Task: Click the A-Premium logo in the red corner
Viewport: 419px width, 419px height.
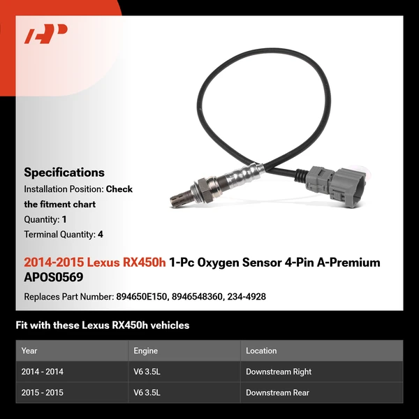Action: pyautogui.click(x=46, y=34)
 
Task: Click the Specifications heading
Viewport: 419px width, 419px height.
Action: pyautogui.click(x=64, y=172)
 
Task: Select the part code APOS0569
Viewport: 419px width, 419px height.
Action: pyautogui.click(x=53, y=277)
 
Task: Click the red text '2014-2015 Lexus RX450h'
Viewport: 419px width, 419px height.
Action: pyautogui.click(x=95, y=263)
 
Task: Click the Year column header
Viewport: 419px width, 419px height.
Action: pyautogui.click(x=29, y=351)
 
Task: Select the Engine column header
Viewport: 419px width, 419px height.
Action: pyautogui.click(x=145, y=351)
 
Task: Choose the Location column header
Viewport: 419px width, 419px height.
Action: pyautogui.click(x=261, y=351)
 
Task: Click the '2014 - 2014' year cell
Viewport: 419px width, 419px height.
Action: pyautogui.click(x=43, y=372)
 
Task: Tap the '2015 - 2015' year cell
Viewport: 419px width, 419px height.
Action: pyautogui.click(x=43, y=393)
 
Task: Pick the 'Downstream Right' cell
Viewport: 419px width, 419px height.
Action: pyautogui.click(x=279, y=372)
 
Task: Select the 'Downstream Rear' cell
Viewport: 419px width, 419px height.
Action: pyautogui.click(x=277, y=393)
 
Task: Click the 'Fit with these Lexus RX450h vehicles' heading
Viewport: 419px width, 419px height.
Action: pyautogui.click(x=103, y=325)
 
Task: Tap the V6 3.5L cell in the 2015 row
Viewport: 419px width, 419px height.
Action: pyautogui.click(x=147, y=393)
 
